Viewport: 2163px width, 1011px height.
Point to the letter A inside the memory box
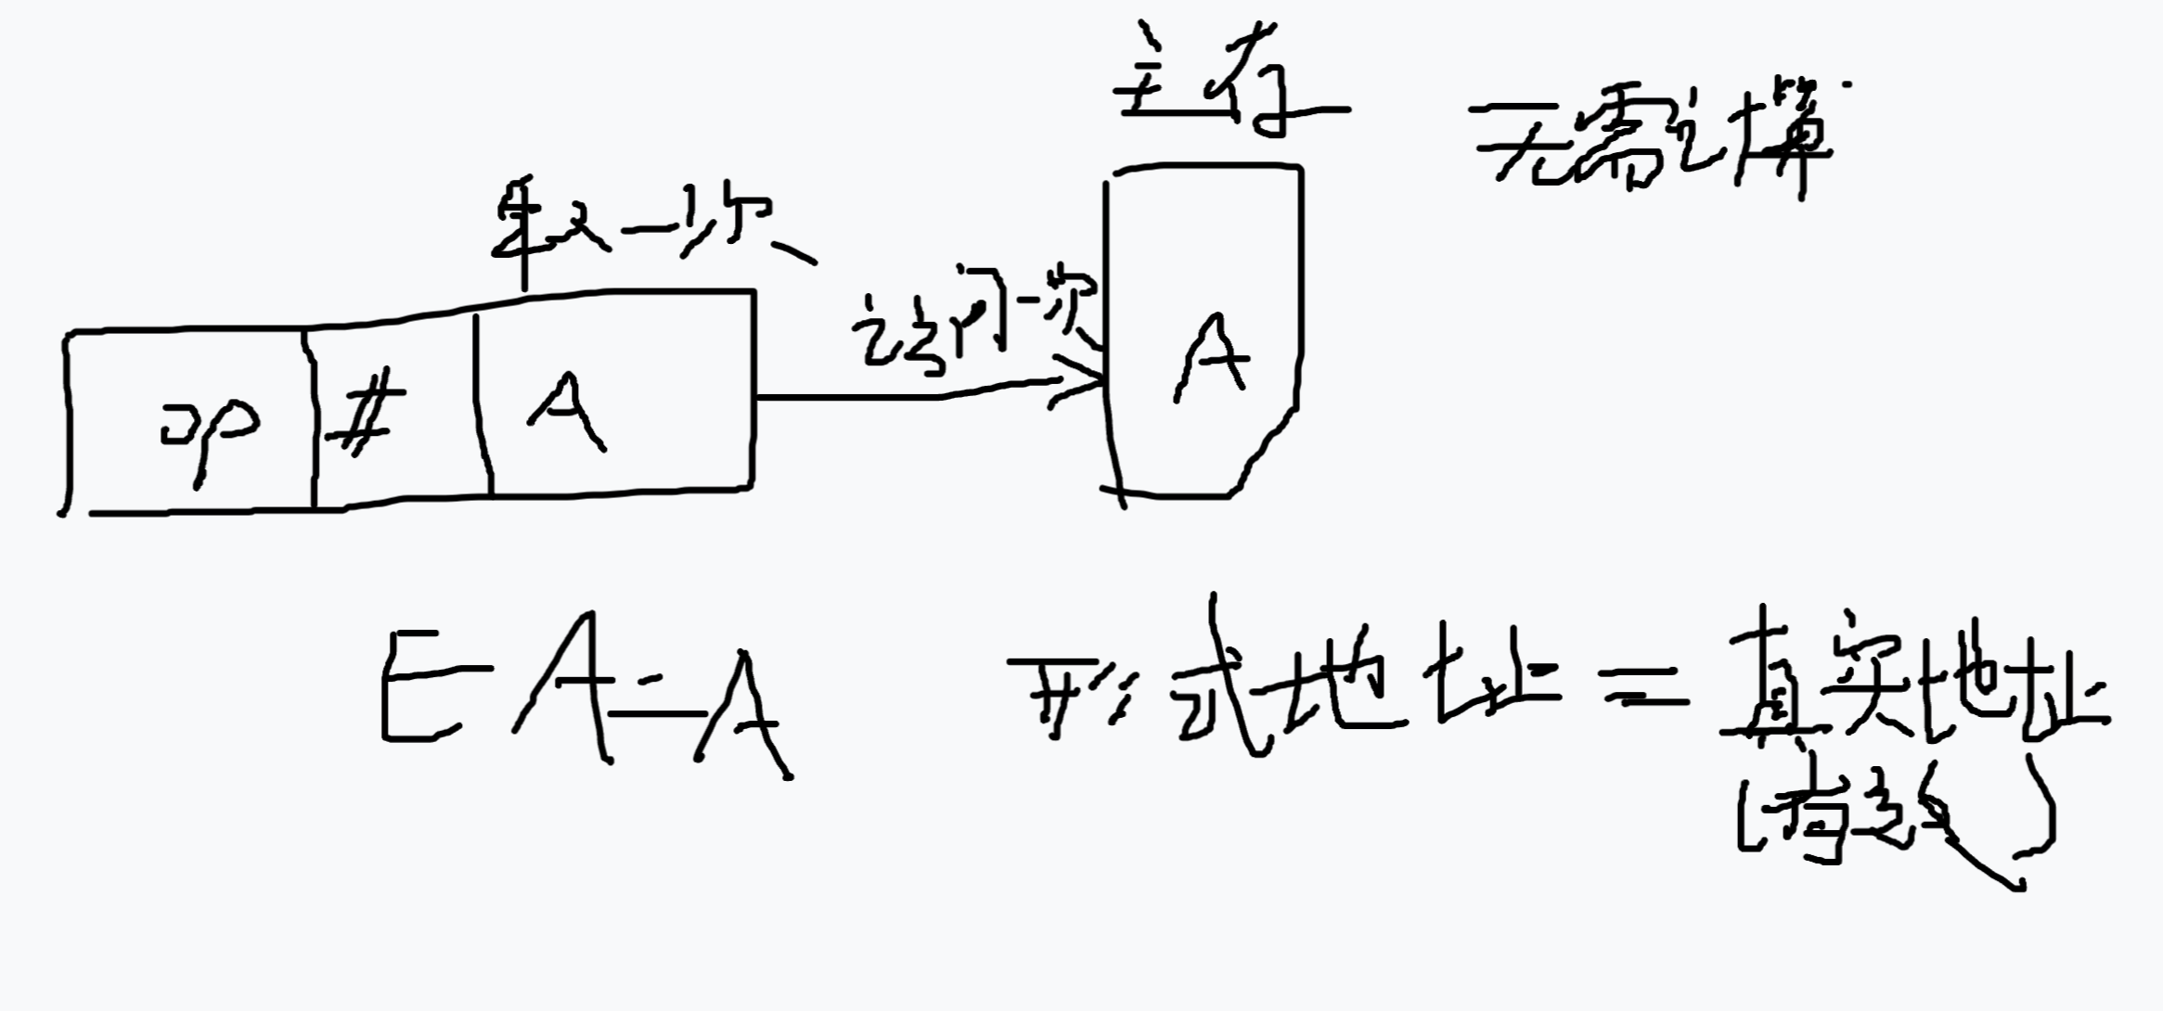tap(1211, 357)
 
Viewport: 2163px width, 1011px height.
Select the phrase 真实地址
tap(1912, 682)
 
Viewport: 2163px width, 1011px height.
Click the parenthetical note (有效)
tap(1893, 821)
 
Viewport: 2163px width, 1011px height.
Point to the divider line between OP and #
tap(311, 422)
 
